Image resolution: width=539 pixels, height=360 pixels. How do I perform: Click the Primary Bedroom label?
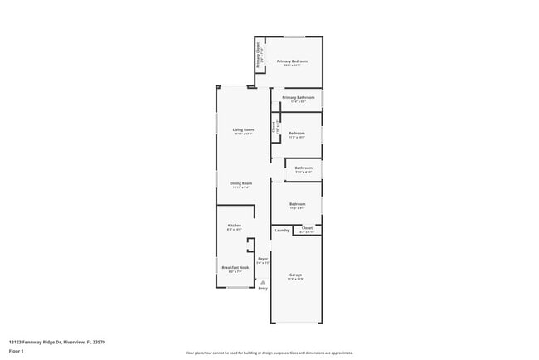(x=292, y=61)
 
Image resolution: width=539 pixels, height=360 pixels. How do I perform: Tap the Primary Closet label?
(x=259, y=56)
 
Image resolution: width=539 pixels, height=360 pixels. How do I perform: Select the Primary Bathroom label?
(x=298, y=98)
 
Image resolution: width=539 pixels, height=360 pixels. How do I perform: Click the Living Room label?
(x=243, y=130)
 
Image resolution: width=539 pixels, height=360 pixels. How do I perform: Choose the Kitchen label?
(x=235, y=226)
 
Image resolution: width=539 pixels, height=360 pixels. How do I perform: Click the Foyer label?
(x=263, y=260)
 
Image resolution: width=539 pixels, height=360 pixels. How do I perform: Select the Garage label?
(x=295, y=275)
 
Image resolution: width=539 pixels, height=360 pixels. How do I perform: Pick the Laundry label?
(x=282, y=230)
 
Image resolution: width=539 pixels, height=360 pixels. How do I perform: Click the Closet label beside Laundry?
(x=306, y=227)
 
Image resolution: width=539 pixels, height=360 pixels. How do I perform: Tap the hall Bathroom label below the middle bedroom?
(x=303, y=168)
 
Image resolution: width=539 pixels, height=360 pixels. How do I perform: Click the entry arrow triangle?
(x=263, y=281)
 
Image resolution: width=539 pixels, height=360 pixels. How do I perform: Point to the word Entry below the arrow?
(x=263, y=289)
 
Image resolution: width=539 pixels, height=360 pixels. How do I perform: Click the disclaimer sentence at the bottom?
(x=269, y=353)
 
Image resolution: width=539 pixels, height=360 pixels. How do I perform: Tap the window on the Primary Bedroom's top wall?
(x=294, y=37)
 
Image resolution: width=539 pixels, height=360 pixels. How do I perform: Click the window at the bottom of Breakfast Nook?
(x=240, y=288)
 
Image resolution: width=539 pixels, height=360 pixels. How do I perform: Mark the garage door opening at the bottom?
(x=296, y=323)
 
